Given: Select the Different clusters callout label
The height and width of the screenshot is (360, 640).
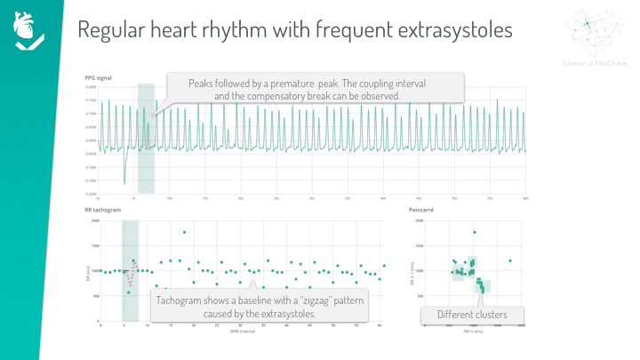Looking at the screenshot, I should click(472, 315).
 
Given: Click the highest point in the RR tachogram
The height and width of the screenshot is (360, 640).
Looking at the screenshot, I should click(184, 232).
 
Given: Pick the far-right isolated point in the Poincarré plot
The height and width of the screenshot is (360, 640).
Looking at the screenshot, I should click(510, 260).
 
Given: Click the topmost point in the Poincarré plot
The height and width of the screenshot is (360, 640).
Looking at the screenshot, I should click(475, 232).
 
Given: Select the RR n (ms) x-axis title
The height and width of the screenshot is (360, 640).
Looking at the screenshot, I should click(473, 331).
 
